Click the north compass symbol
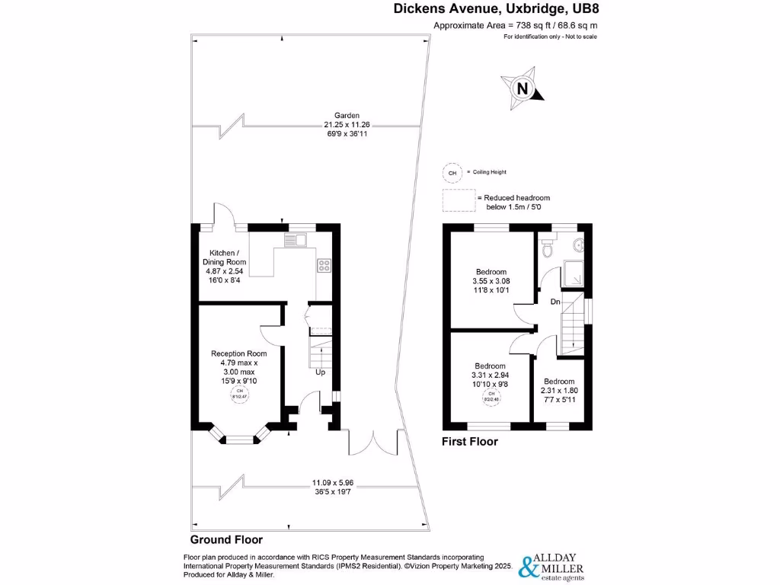tap(522, 88)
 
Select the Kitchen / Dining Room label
tap(225, 267)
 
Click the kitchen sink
tap(294, 241)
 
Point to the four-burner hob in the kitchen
tap(324, 265)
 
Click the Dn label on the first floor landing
tap(557, 302)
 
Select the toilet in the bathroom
tap(546, 249)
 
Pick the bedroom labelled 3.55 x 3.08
tap(491, 280)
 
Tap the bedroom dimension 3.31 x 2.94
tap(491, 375)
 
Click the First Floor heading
tap(470, 442)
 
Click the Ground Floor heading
tap(226, 539)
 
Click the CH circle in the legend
tap(452, 172)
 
